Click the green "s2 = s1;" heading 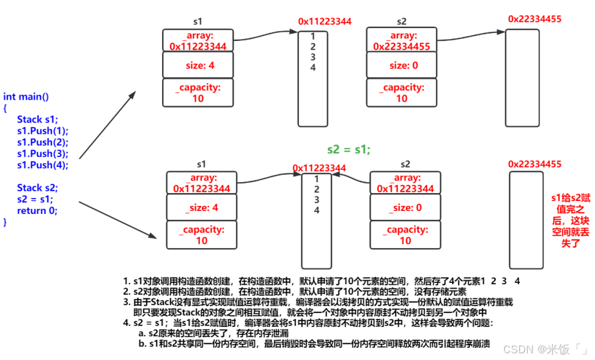click(349, 149)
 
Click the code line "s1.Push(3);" click(43, 153)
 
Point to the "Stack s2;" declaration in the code click(38, 188)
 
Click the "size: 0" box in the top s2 click(402, 65)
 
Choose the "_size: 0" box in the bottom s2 click(405, 208)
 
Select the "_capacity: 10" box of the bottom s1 click(201, 235)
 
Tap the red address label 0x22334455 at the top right click(534, 19)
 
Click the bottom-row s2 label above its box click(405, 164)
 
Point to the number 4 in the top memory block click(312, 68)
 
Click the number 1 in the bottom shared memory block click(316, 179)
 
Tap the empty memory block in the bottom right click(525, 220)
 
